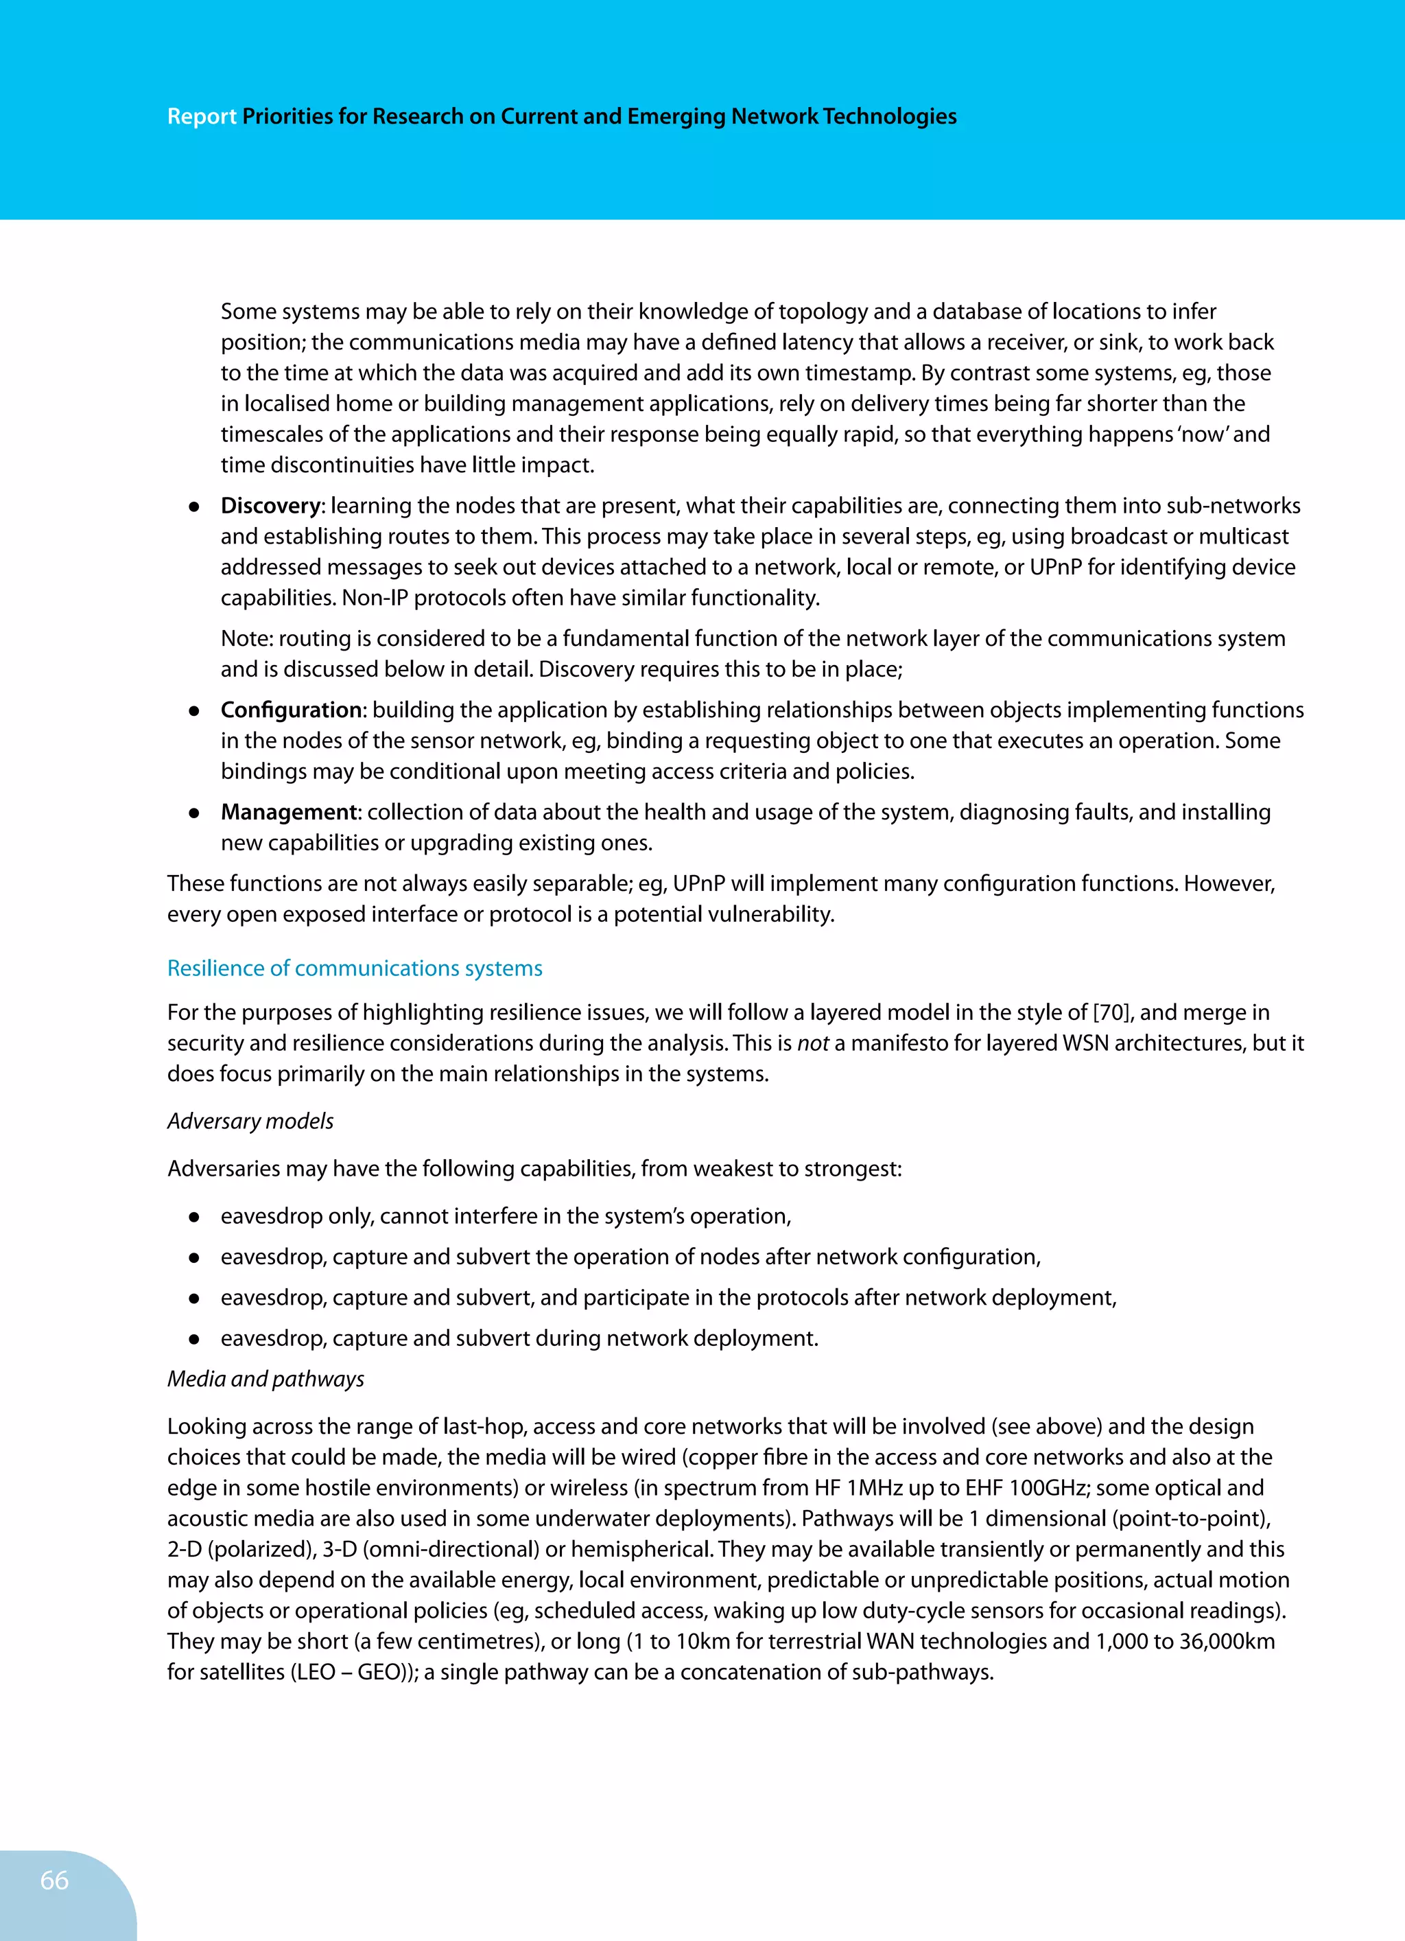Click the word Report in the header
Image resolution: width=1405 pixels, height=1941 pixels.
coord(201,117)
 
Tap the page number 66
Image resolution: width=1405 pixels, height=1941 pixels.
coord(54,1880)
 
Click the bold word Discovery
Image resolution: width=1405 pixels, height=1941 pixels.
coord(270,506)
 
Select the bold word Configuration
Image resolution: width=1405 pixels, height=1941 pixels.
coord(291,710)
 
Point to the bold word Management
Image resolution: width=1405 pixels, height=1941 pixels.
coord(288,812)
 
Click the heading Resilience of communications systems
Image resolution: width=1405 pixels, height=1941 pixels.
coord(354,969)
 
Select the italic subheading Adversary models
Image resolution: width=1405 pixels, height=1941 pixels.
coord(250,1121)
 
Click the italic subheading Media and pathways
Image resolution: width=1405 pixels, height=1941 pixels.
coord(265,1379)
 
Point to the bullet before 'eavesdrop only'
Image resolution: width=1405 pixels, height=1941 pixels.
coord(194,1217)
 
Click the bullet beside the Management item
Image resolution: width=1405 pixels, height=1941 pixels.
coord(194,813)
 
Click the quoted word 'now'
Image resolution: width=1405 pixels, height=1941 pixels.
coord(1204,434)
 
